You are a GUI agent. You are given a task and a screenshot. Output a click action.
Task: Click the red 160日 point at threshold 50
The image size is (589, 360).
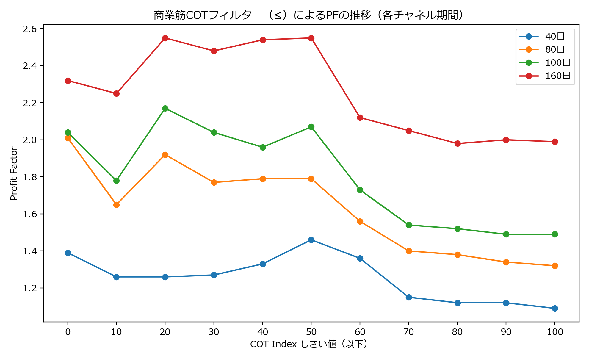[311, 38]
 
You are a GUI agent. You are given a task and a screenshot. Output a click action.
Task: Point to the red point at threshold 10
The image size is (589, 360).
[116, 93]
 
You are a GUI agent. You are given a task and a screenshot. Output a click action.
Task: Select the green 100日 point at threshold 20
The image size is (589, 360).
[165, 108]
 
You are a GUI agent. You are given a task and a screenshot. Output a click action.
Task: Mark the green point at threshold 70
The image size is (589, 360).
[409, 225]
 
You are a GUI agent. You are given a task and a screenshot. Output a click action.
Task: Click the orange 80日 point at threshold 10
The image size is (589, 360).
[116, 205]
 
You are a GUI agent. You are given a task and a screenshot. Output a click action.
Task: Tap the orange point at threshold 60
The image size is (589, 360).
[360, 221]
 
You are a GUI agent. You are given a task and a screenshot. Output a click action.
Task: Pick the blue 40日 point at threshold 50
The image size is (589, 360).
[311, 240]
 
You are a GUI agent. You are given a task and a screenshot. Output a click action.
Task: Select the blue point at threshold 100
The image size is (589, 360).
[555, 308]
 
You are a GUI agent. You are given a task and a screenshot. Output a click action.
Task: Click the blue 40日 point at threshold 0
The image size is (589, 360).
[68, 253]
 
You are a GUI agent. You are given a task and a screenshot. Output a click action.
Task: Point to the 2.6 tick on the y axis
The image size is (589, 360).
[29, 29]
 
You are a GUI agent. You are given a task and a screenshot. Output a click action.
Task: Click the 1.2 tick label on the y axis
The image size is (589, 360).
[29, 288]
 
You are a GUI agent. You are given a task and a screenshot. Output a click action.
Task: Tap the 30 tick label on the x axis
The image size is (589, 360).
[214, 332]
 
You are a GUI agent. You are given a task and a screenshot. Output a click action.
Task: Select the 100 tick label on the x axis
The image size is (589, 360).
[555, 332]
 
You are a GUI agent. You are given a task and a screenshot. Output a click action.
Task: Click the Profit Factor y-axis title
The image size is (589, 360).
[14, 173]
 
